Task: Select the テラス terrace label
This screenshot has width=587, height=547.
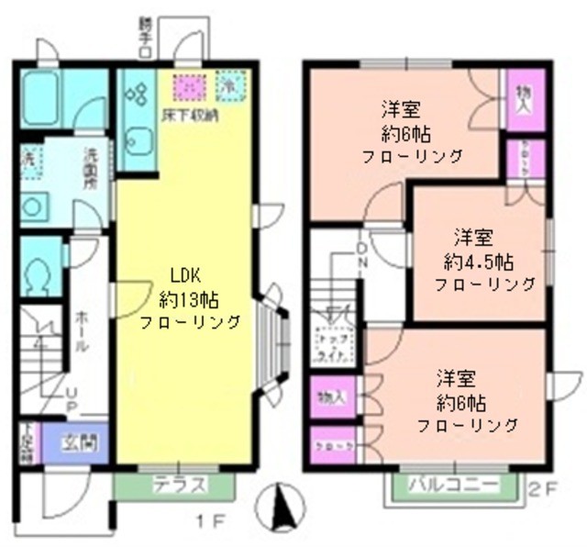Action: coord(173,486)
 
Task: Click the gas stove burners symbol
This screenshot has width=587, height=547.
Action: coord(139,93)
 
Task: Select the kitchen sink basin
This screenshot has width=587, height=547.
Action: coord(139,142)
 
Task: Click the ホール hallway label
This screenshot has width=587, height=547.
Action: coord(82,330)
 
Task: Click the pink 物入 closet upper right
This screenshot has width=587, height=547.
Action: coord(524,97)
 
